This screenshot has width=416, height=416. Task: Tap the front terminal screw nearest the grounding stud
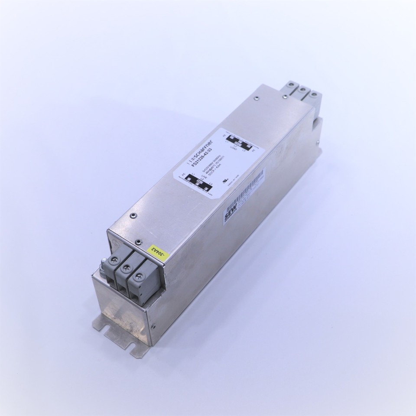[114, 260]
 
